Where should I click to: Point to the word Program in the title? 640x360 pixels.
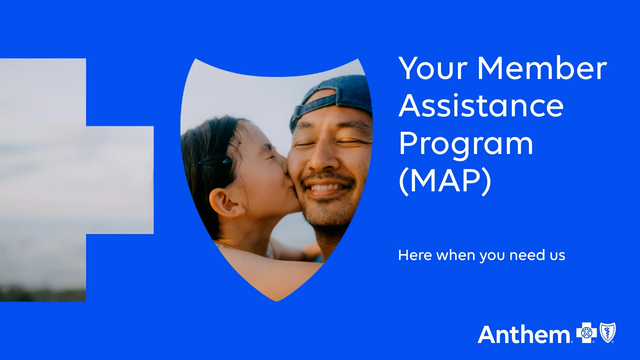click(466, 144)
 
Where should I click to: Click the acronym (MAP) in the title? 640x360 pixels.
click(445, 181)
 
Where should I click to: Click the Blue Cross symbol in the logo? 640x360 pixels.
click(587, 333)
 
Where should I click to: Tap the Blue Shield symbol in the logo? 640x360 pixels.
click(608, 333)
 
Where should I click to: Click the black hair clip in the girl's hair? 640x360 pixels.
click(215, 161)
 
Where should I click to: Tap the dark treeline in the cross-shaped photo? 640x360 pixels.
click(43, 294)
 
